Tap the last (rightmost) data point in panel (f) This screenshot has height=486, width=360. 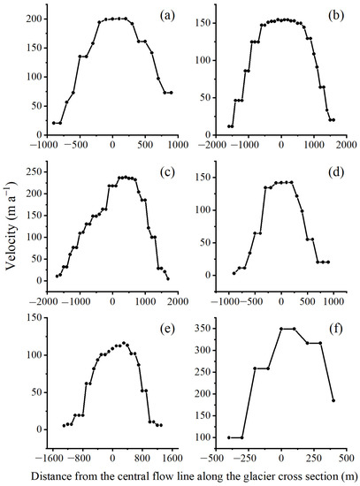click(333, 400)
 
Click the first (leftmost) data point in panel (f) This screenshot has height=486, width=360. click(228, 437)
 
